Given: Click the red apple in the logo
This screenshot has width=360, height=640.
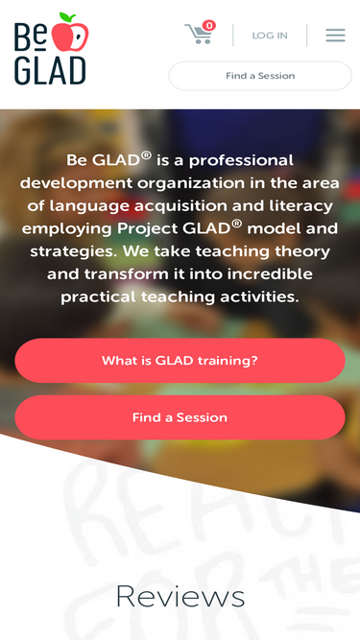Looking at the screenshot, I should [x=69, y=35].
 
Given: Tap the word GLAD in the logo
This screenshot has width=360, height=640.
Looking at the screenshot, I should [x=50, y=69].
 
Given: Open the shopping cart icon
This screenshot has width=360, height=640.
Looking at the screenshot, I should [x=199, y=36].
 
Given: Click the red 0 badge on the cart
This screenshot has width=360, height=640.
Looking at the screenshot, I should [x=209, y=26].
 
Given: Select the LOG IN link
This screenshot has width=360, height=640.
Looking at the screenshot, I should [x=270, y=36].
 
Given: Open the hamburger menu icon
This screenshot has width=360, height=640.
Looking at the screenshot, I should [x=335, y=36].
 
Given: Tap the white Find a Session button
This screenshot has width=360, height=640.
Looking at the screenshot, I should [x=260, y=76].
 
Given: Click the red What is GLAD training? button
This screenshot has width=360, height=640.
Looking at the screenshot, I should [x=180, y=361].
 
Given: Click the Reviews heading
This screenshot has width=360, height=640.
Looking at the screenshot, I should [x=180, y=597].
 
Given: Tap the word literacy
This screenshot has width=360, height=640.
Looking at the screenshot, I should [x=296, y=205].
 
